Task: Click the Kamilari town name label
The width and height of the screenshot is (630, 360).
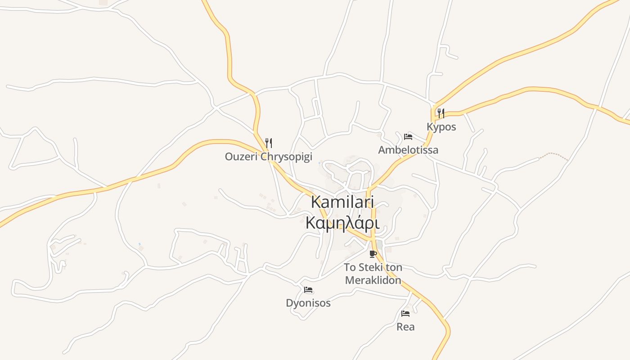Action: pos(342,202)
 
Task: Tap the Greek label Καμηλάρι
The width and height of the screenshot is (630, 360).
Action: pos(342,223)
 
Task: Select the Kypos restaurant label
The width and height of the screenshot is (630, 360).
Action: pos(441,127)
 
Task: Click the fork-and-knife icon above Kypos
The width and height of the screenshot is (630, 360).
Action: pos(441,113)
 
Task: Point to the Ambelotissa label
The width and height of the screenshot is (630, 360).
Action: pos(408,150)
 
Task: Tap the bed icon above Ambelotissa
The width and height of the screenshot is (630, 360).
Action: pos(408,137)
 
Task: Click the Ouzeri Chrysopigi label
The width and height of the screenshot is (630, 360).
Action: pos(268,157)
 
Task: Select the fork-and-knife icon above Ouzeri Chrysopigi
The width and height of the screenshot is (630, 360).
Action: pos(269,143)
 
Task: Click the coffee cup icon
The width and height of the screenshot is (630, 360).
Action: pos(373,254)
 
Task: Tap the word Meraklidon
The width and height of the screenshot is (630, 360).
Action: pos(373,280)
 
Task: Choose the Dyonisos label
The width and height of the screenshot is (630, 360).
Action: pos(308,303)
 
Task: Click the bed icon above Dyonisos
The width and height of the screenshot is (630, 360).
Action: pos(308,290)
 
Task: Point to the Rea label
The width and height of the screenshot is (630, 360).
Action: pos(405,327)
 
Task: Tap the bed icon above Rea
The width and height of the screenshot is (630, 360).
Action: pos(405,314)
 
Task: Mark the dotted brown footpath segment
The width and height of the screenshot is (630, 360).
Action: pos(554,156)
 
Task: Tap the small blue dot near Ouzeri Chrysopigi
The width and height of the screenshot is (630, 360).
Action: pos(319,163)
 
